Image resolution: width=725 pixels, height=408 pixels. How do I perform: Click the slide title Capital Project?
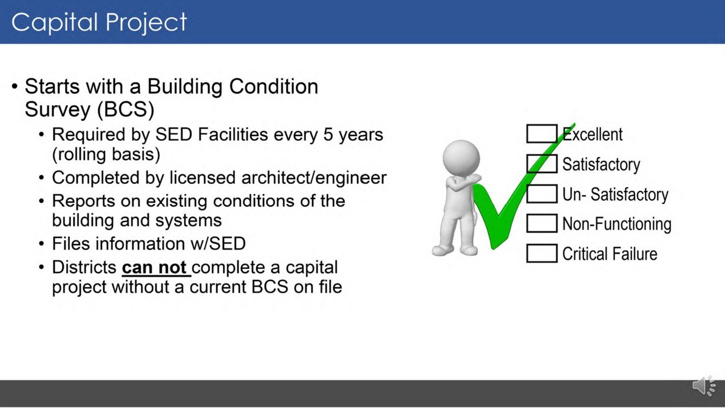pos(99,22)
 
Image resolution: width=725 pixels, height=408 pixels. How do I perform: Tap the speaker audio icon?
pos(704,386)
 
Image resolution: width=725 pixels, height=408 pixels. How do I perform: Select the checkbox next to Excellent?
pos(542,134)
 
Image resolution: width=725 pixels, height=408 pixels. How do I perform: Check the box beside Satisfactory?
pos(542,164)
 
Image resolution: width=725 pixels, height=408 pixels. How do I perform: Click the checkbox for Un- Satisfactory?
pos(542,194)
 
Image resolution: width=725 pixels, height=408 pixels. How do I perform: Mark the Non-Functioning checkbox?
pos(542,223)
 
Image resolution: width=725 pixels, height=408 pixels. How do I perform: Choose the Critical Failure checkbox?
pos(542,253)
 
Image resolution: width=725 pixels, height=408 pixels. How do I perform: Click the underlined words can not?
pos(155,268)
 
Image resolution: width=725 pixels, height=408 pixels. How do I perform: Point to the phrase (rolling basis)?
pos(106,154)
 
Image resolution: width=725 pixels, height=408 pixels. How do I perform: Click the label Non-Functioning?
pos(616,224)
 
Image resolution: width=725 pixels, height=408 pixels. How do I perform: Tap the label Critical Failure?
pos(609,254)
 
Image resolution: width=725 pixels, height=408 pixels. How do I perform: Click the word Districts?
pos(84,268)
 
